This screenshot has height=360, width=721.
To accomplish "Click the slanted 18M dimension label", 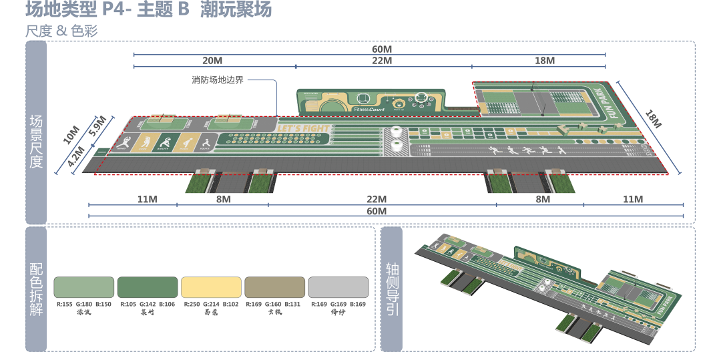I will point(654,119).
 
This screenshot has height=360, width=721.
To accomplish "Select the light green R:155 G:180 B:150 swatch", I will point(84,287).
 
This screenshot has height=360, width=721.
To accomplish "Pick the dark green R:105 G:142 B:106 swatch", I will point(148,287).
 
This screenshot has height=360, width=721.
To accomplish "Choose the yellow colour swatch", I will point(211,287).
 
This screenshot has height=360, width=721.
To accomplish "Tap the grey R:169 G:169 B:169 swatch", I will point(338,287).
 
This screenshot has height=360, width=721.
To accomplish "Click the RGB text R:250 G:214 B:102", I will point(211,304).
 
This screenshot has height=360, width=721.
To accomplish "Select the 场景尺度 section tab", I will point(37,141).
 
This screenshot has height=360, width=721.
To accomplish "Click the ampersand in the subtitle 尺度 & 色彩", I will point(60,31).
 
